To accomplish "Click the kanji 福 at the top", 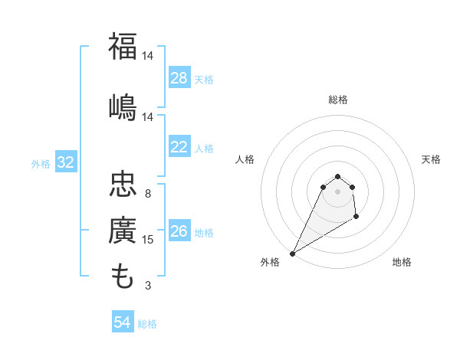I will click(123, 47).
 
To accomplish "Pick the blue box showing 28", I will click(179, 78).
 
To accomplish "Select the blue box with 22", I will click(179, 147).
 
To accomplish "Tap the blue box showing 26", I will click(179, 231).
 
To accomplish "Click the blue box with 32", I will click(65, 162).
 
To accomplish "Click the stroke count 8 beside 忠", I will click(148, 194).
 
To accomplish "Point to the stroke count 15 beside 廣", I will click(148, 240).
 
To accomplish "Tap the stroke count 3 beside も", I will click(148, 286).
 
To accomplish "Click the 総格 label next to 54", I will click(147, 324).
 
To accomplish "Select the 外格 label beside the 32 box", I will click(41, 163).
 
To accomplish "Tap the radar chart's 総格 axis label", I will click(337, 100).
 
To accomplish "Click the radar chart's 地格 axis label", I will click(402, 262).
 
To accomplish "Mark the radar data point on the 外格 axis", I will click(292, 253).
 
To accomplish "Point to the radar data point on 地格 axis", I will click(356, 218).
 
